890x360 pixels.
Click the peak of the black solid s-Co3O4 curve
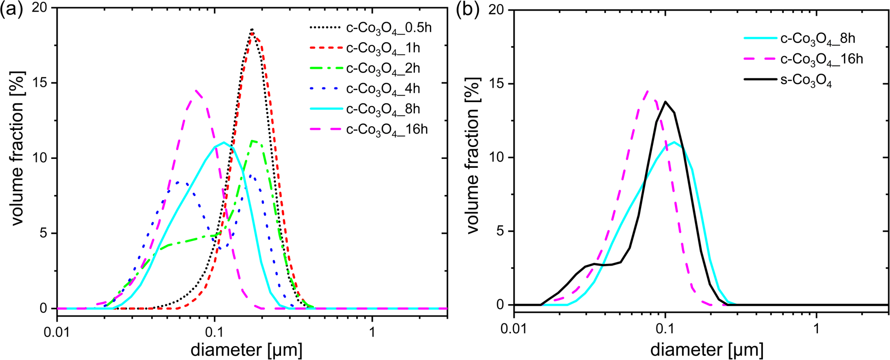point(665,102)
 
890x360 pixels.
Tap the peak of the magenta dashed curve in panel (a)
point(197,91)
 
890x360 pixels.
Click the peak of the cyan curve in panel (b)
point(675,142)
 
